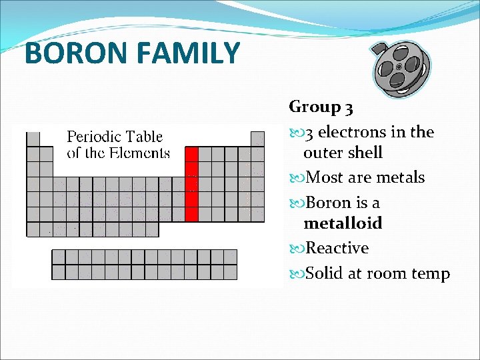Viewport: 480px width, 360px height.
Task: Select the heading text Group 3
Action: click(321, 107)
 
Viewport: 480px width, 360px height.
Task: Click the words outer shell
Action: click(343, 153)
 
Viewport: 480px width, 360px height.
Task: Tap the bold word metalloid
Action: click(343, 223)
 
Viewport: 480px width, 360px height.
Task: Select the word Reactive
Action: click(337, 248)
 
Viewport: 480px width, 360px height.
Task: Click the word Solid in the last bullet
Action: click(324, 273)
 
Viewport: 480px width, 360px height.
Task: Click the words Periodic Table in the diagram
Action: click(115, 137)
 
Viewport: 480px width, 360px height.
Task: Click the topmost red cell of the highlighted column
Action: click(191, 154)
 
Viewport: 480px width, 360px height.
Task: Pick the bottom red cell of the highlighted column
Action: click(191, 214)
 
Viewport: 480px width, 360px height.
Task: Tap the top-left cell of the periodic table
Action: click(33, 139)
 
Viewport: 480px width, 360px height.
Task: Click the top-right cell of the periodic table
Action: click(257, 139)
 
